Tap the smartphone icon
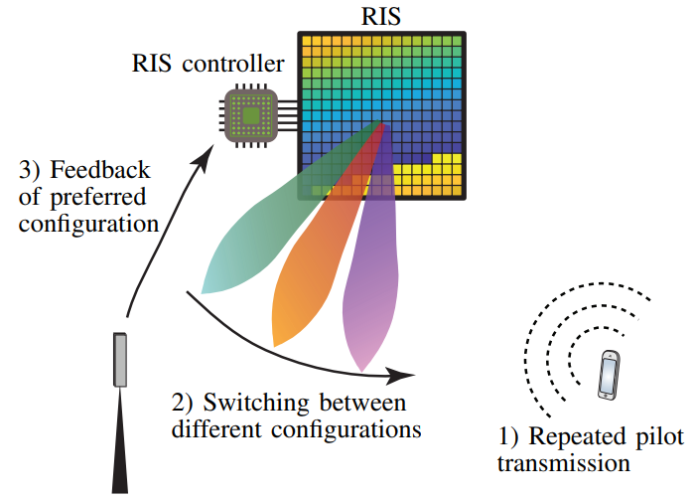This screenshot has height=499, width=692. tap(609, 375)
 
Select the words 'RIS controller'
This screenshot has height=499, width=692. tap(208, 66)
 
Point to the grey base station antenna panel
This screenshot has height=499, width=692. tap(120, 359)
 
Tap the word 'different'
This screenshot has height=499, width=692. tap(215, 430)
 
